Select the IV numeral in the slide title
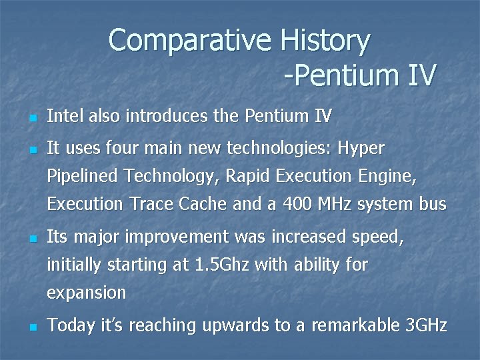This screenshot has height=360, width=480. pos(418,75)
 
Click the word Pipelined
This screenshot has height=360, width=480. pos(82,177)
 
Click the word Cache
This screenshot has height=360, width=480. pos(203,204)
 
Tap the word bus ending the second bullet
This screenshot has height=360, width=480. pos(431,204)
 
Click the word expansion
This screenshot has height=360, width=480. pos(86,293)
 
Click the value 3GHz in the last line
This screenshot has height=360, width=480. pos(427,325)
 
